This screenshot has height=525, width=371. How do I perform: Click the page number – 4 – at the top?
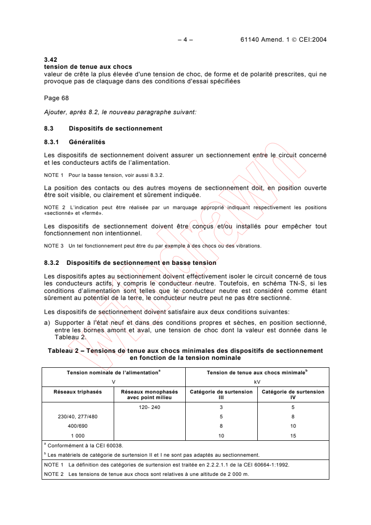coord(185,39)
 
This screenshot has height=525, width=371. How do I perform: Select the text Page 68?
coord(55,98)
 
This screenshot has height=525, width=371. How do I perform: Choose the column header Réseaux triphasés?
coord(78,392)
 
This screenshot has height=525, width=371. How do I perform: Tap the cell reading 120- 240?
coord(150,407)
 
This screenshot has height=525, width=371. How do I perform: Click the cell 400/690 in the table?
coord(78,426)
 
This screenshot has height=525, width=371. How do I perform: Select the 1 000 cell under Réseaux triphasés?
coord(78,436)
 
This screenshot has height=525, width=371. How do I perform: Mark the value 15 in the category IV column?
coord(292,436)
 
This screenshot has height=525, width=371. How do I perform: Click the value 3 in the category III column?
coord(221,407)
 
